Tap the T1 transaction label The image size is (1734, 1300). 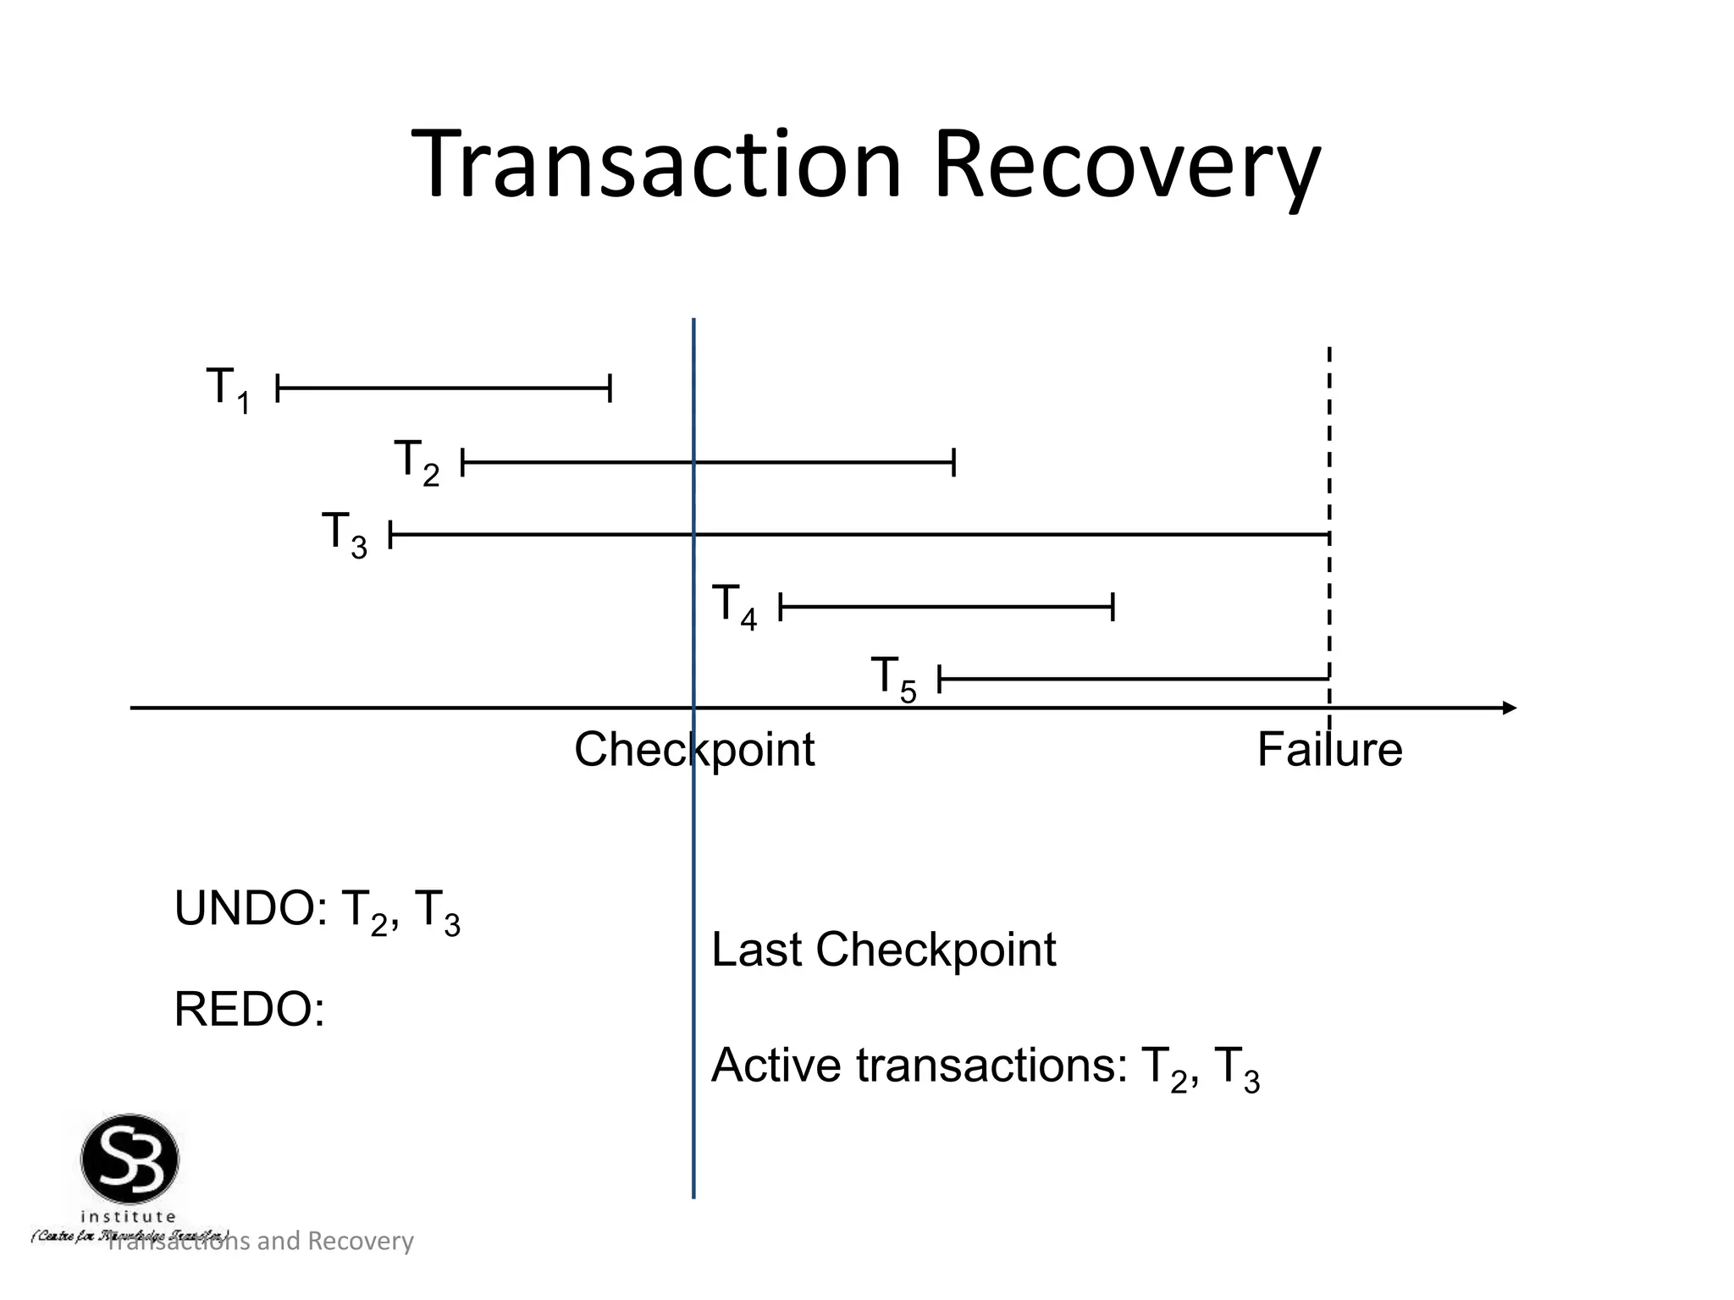(x=228, y=389)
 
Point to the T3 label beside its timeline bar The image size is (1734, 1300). (x=344, y=534)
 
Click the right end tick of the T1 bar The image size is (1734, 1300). (x=610, y=388)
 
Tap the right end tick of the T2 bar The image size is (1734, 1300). (x=954, y=463)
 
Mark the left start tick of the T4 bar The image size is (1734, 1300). (x=780, y=607)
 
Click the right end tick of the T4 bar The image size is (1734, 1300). (x=1113, y=607)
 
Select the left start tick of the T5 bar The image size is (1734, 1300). (x=940, y=679)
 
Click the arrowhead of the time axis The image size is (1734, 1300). (x=1509, y=708)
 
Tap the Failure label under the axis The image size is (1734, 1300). (x=1329, y=750)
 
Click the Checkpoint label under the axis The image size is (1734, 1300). (x=694, y=750)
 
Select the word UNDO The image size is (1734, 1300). (x=244, y=909)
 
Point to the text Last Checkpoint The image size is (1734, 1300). (x=883, y=950)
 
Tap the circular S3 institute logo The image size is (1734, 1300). (x=130, y=1160)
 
